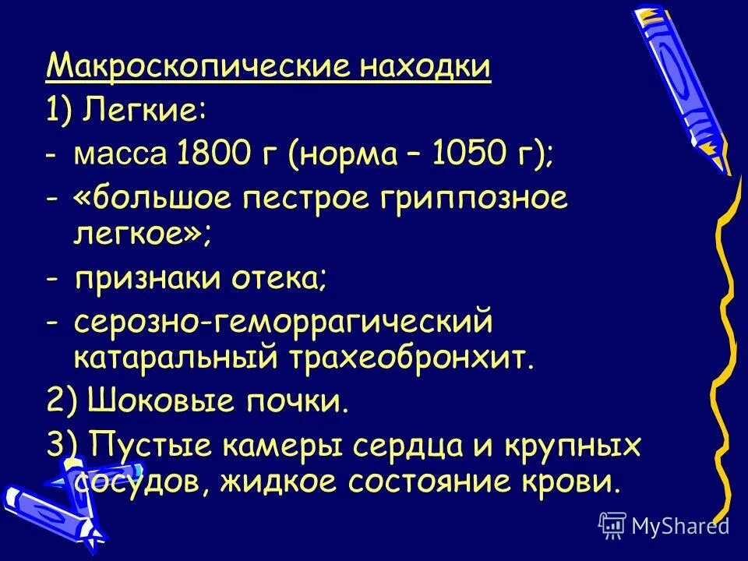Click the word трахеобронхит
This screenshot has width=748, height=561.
(x=413, y=358)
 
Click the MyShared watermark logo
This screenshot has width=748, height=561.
(x=663, y=527)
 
